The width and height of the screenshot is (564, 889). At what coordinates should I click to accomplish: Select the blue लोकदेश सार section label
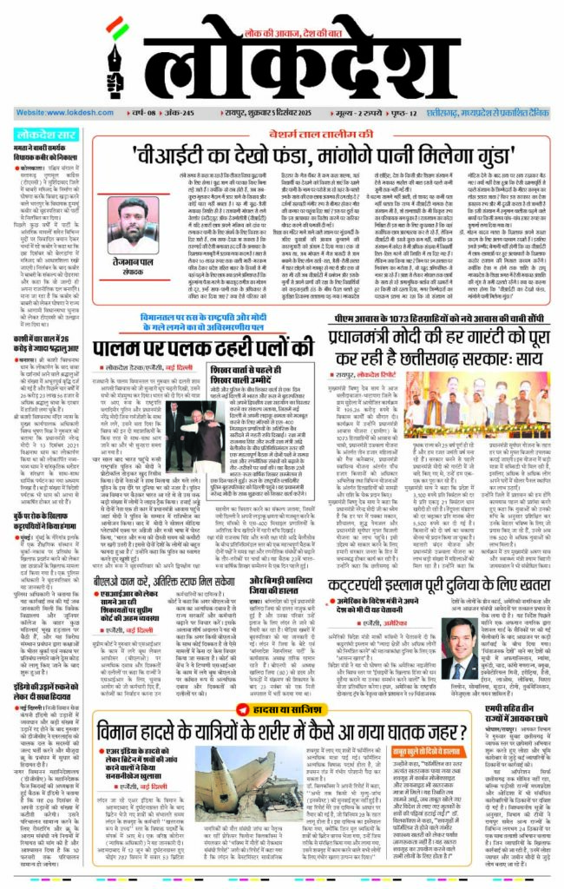point(43,135)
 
